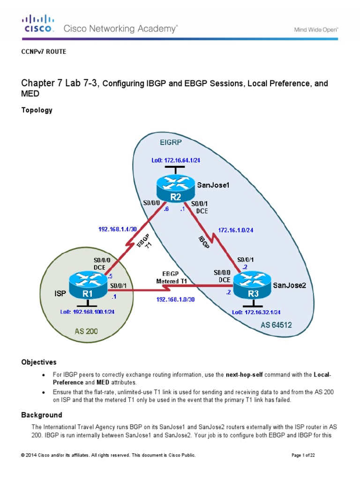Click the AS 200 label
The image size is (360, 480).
point(87,331)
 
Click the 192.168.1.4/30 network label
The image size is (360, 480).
point(117,230)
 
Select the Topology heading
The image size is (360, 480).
point(37,110)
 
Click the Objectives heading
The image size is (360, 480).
point(39,362)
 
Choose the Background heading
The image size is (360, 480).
point(42,415)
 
